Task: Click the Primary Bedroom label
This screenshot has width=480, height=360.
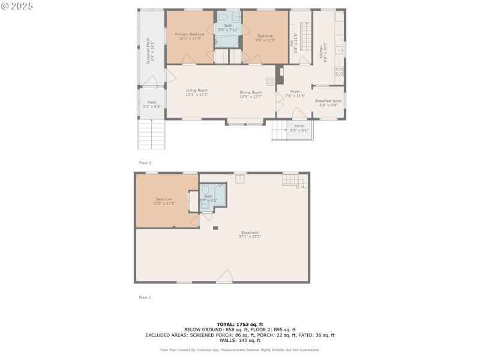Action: (x=190, y=35)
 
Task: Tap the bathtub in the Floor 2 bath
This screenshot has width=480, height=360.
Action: (x=227, y=41)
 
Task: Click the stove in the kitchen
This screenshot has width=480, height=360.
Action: (x=339, y=72)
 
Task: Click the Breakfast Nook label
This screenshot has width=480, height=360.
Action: (x=328, y=101)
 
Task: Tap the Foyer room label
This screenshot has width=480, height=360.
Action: (x=295, y=92)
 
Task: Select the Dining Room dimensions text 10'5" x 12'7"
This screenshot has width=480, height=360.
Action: (x=251, y=96)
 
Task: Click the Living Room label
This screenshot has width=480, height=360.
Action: (x=196, y=90)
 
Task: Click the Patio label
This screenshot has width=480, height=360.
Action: (x=151, y=102)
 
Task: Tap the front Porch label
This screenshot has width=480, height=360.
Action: (x=299, y=126)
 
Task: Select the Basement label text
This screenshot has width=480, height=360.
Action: (x=250, y=232)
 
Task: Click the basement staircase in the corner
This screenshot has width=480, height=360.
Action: (x=290, y=180)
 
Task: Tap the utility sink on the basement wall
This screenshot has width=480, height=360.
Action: (x=240, y=178)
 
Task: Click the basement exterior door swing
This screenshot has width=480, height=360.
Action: (x=224, y=277)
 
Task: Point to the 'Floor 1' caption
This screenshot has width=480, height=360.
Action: (x=145, y=297)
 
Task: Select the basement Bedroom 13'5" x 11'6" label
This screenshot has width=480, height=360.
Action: (x=164, y=199)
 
